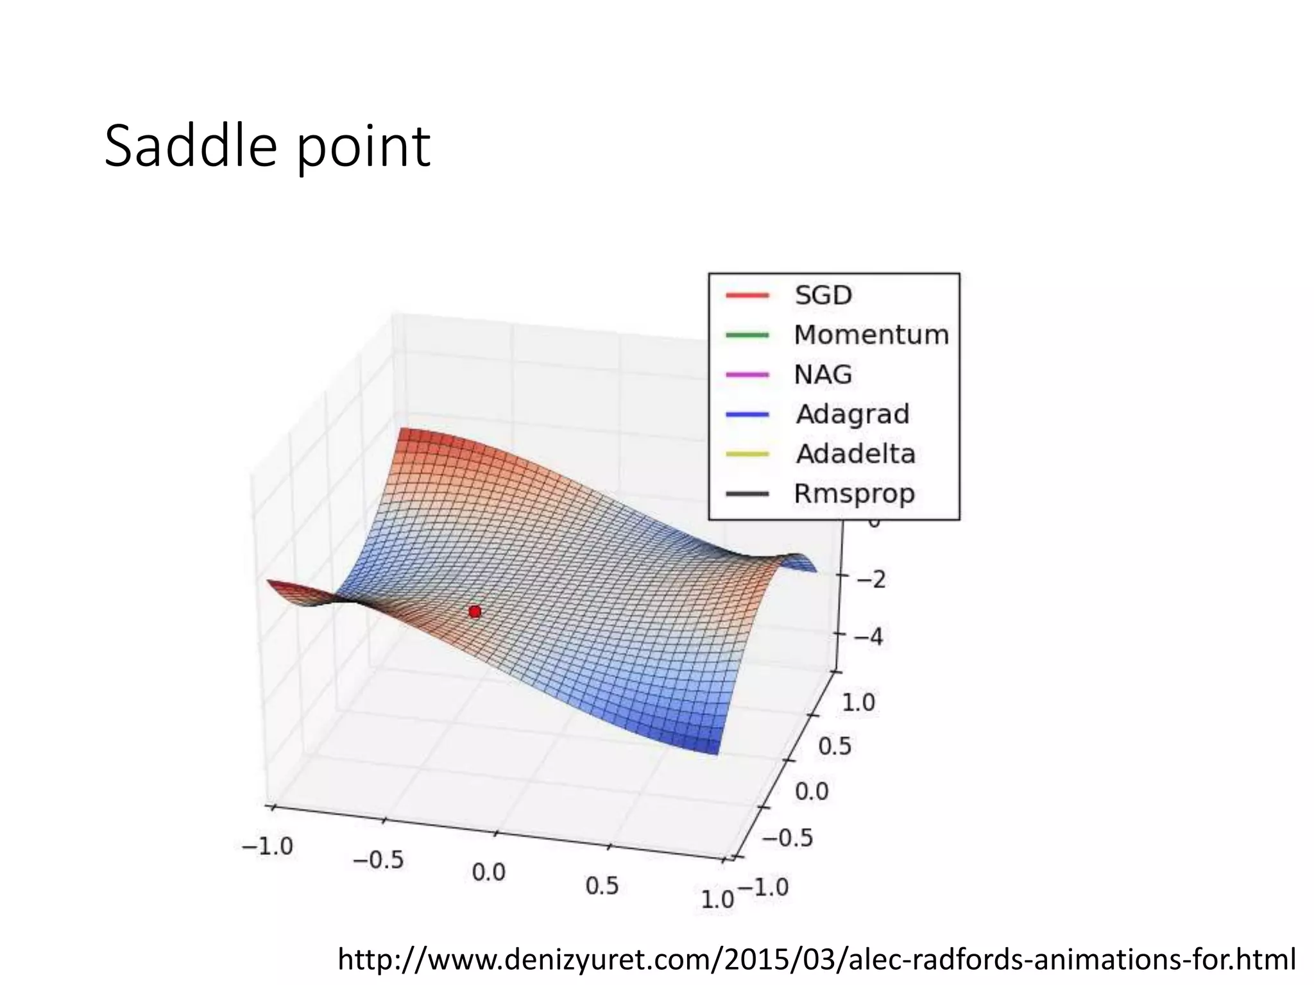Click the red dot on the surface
[475, 612]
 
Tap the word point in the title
[363, 149]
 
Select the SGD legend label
[823, 296]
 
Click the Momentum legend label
[871, 335]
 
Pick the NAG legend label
[823, 375]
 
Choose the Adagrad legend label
[852, 414]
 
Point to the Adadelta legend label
[855, 454]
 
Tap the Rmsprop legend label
[853, 494]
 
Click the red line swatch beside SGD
[747, 296]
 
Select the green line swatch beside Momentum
[747, 335]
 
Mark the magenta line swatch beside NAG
[747, 375]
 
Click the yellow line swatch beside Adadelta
[747, 454]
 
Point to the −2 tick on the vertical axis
[869, 580]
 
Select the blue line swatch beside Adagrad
[747, 414]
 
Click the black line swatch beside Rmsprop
[747, 494]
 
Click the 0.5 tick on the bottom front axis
[602, 886]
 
